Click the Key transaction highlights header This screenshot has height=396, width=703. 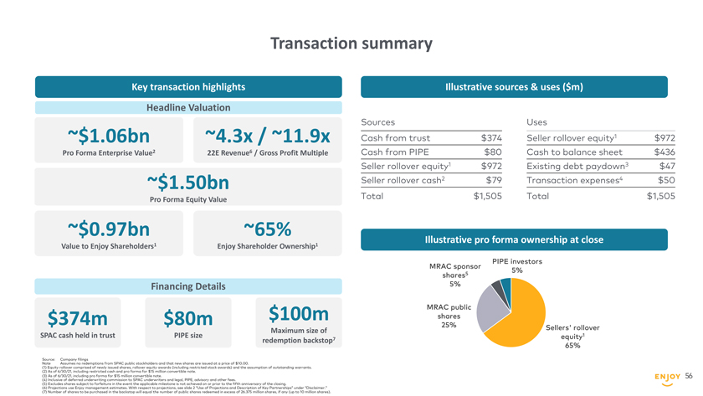pos(188,86)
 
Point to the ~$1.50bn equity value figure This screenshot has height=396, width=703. pos(187,182)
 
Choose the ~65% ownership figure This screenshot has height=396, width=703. pos(267,229)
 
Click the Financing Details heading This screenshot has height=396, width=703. pos(188,286)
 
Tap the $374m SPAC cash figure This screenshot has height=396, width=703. pos(78,318)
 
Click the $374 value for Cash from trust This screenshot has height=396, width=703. pos(491,138)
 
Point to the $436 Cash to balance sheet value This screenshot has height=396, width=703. pos(664,152)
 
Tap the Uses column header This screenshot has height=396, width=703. pos(536,121)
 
